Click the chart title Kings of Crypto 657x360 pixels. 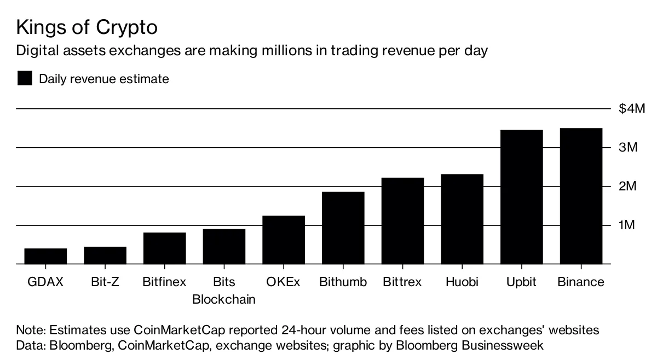coord(88,27)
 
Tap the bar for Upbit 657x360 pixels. coord(521,197)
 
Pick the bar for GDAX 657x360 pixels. coord(45,256)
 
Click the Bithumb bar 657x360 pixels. coord(343,228)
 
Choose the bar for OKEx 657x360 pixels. coord(284,240)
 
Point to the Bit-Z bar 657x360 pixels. coord(105,255)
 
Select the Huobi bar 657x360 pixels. coord(462,219)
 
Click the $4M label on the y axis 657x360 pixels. coord(632,109)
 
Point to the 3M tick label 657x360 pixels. coord(628,148)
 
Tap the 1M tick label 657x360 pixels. coord(627,225)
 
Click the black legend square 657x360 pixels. coord(25,79)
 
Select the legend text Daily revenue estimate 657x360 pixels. coord(103,79)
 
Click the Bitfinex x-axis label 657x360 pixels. coord(164,282)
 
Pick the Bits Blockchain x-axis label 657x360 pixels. coord(224,291)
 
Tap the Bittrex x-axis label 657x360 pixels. coord(402,282)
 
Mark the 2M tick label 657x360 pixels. coord(628,187)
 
